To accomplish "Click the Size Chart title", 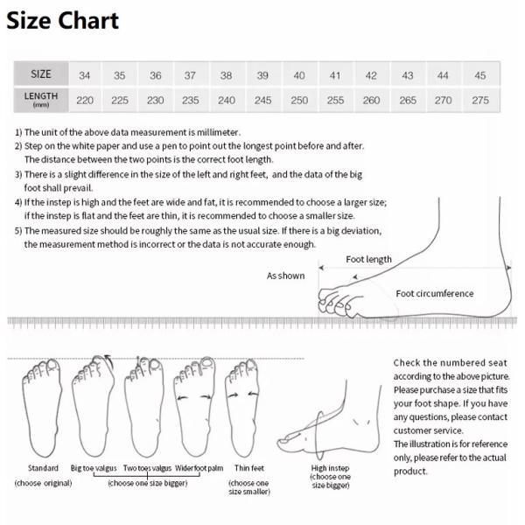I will click(62, 21).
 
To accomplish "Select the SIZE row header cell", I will click(41, 74).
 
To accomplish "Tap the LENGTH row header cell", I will click(41, 99).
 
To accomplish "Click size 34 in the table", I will click(85, 75).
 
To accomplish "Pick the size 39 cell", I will click(262, 75).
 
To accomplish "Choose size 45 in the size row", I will click(480, 75).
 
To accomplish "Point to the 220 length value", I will click(85, 100).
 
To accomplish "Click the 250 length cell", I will click(299, 100).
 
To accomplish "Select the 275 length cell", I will click(480, 100).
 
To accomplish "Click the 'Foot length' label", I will click(368, 260).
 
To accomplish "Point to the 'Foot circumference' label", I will click(434, 294).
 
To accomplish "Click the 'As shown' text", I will click(285, 276).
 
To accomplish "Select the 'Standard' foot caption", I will click(43, 468).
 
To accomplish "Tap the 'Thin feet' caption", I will click(248, 468).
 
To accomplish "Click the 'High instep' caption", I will click(331, 468).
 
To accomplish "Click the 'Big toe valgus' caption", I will click(94, 468).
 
